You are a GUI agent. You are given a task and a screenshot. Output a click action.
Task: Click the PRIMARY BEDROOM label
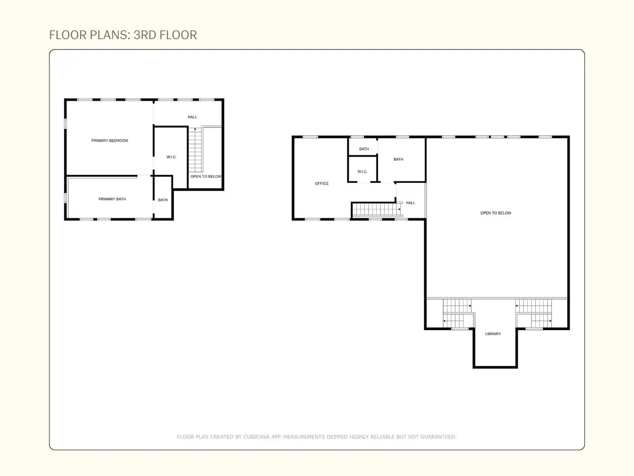[109, 140]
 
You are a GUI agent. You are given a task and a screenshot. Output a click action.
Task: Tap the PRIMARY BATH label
[112, 199]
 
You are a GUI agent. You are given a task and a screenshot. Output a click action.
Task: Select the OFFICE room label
[321, 183]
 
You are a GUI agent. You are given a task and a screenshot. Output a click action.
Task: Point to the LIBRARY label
[493, 334]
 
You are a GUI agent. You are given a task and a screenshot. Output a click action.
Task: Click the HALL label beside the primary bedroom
[192, 117]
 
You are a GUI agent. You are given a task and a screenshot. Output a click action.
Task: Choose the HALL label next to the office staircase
[410, 203]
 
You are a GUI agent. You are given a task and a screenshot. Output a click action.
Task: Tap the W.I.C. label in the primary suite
[171, 157]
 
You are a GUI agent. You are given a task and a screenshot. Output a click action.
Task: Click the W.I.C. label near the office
[362, 172]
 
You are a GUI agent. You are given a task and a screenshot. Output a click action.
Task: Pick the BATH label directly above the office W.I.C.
[364, 149]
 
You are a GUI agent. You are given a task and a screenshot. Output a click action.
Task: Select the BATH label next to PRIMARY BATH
[162, 200]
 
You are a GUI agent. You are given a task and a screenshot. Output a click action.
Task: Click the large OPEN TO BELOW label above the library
[496, 213]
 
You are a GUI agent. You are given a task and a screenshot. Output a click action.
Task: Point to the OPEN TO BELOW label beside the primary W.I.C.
[206, 177]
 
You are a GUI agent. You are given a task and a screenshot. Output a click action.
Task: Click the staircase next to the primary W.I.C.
[195, 150]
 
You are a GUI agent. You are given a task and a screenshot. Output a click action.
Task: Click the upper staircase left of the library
[457, 306]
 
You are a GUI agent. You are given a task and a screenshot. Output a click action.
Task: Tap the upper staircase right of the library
[533, 306]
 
